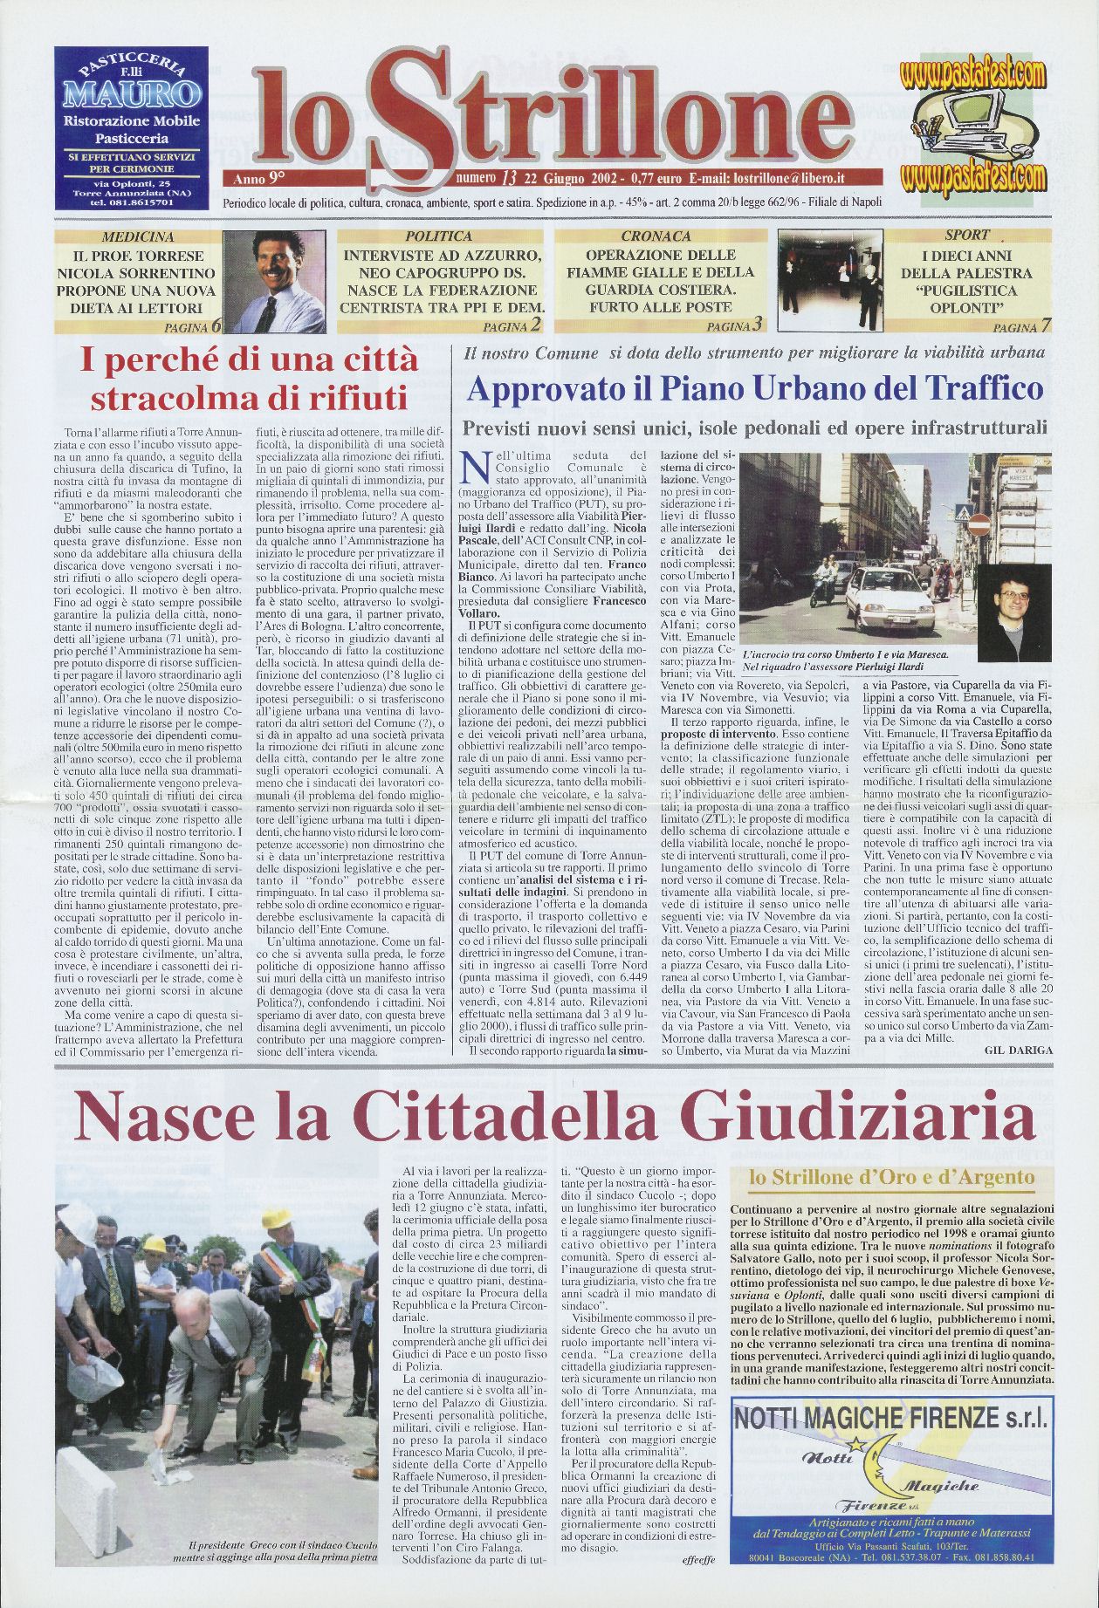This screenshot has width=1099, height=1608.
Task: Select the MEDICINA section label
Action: pos(138,236)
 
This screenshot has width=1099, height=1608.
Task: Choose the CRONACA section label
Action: pos(656,236)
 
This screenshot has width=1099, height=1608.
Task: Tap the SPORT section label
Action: pos(966,235)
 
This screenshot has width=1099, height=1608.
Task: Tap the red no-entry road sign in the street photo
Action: pos(979,524)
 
